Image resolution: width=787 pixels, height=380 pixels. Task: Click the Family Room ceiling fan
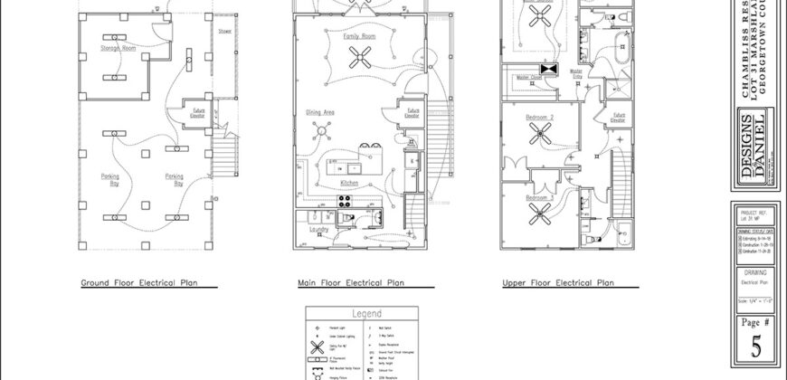point(360,61)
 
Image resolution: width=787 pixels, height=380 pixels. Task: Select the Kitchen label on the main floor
point(349,183)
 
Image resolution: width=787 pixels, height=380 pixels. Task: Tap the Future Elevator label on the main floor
point(411,115)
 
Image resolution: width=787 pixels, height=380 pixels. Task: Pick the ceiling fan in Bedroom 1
point(543,214)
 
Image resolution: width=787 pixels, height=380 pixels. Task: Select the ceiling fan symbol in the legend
point(318,347)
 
